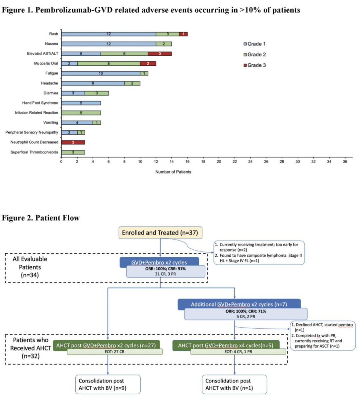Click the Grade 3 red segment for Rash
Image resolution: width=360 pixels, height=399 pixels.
(183, 34)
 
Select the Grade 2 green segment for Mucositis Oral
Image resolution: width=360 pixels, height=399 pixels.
(108, 64)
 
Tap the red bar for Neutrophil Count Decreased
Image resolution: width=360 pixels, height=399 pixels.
(73, 143)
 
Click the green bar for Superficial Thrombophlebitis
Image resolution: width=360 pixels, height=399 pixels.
(73, 153)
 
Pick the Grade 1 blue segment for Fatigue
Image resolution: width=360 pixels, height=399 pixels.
(101, 73)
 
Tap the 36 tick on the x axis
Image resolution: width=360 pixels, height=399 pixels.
(345, 162)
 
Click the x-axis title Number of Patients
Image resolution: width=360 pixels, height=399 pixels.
(173, 172)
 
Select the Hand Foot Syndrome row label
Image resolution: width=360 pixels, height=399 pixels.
(40, 103)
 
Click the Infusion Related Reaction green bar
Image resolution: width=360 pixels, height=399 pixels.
(81, 113)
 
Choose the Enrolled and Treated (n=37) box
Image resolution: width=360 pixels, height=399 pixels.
(160, 233)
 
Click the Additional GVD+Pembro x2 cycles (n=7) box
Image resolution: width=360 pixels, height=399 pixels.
(239, 304)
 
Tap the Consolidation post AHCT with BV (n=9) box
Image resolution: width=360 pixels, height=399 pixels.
(107, 384)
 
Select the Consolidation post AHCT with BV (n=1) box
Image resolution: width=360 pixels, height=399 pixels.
(234, 384)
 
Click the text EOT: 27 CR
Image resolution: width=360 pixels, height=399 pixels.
(115, 352)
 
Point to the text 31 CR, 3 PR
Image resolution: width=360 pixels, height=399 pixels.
(165, 274)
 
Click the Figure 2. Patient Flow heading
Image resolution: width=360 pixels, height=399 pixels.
(41, 218)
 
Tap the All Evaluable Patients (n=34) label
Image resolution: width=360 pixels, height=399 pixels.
(30, 267)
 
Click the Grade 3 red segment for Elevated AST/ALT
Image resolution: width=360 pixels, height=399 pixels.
(160, 54)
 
